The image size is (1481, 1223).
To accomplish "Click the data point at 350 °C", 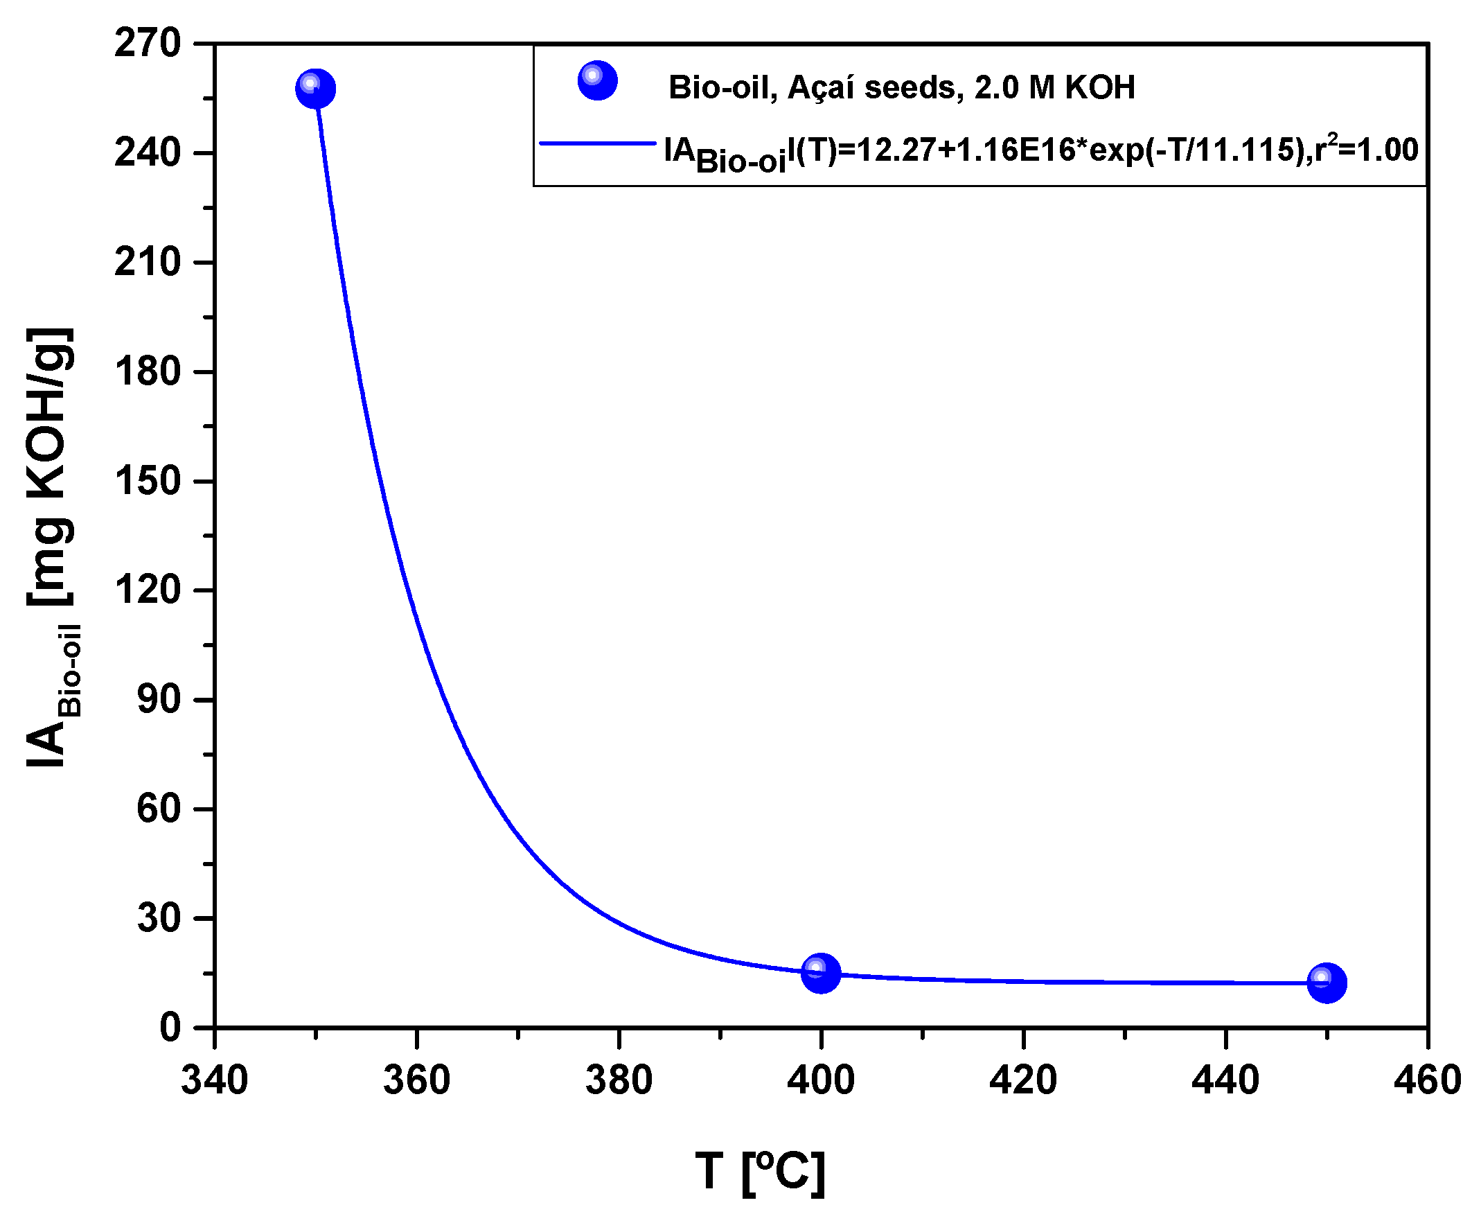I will point(314,89).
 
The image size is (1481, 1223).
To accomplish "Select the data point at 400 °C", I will point(820,973).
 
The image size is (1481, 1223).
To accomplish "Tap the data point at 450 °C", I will point(1326,983).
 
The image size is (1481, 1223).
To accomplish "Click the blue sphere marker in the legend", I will point(597,80).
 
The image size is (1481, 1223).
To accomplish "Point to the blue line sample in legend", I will point(597,143).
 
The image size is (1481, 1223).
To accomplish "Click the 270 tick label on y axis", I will point(148,44).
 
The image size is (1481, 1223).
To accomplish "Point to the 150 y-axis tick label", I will point(148,481).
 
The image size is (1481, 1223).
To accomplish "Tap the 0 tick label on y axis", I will point(170,1028).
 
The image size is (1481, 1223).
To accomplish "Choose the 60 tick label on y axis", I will point(159,809).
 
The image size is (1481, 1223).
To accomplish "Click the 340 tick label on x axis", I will point(214,1080).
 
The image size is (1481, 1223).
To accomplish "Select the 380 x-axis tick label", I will point(619,1080).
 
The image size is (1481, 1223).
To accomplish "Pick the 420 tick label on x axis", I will point(1022,1080).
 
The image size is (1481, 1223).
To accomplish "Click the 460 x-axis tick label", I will point(1427,1080).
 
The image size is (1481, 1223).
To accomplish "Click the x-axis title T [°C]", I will point(759,1172).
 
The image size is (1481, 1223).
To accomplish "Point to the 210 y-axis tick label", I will point(148,263).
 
